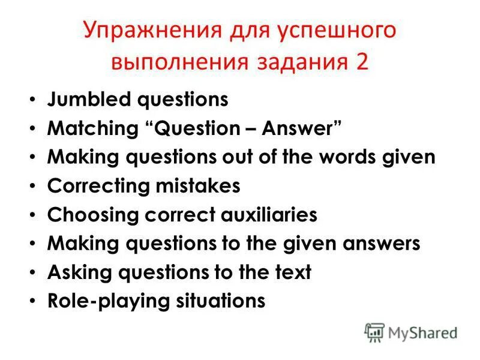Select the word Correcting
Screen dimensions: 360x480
tap(97, 186)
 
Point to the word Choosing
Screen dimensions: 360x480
tap(89, 215)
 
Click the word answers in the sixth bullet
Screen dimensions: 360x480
tap(377, 244)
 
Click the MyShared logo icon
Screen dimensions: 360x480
tap(374, 332)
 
